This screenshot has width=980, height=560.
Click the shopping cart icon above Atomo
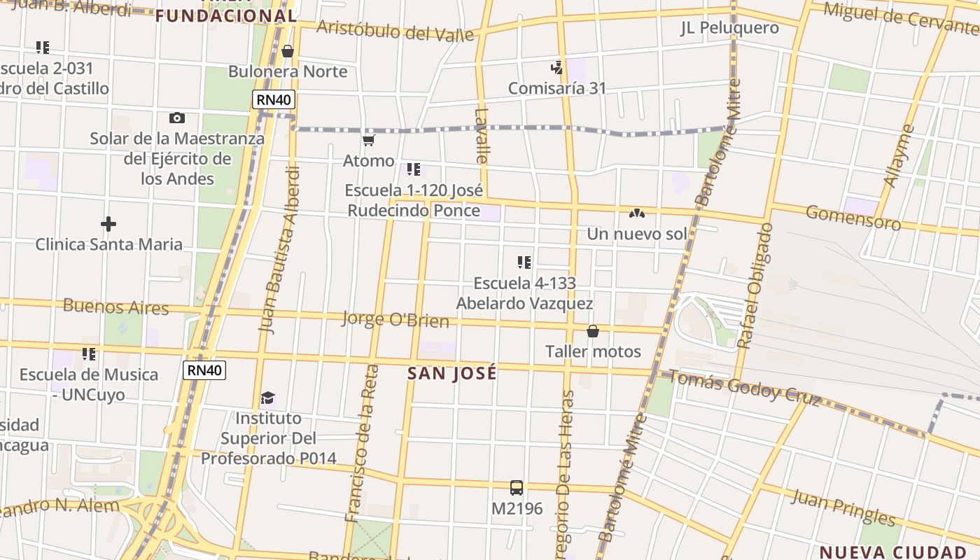(369, 141)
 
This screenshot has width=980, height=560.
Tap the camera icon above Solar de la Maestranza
(177, 118)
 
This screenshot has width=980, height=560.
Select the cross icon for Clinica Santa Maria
(108, 224)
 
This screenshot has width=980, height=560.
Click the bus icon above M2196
(517, 488)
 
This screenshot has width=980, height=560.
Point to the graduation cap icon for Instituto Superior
(268, 398)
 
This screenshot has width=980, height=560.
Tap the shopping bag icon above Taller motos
(593, 331)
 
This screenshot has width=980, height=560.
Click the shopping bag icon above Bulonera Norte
(288, 51)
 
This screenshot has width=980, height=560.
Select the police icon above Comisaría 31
(557, 68)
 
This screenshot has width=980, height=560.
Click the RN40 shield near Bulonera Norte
(274, 99)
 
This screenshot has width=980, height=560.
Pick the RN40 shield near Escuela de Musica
(204, 370)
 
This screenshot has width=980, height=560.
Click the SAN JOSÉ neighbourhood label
(452, 373)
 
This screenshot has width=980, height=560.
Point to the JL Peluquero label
(729, 28)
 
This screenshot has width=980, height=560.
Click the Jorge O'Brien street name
(395, 320)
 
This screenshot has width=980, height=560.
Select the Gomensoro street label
(853, 217)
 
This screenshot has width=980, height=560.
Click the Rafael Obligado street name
(755, 286)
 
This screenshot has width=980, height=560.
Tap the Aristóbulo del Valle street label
(395, 30)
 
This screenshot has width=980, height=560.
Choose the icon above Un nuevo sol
(636, 213)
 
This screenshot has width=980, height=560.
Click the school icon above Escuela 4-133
(524, 263)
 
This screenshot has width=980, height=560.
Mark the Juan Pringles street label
(843, 507)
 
